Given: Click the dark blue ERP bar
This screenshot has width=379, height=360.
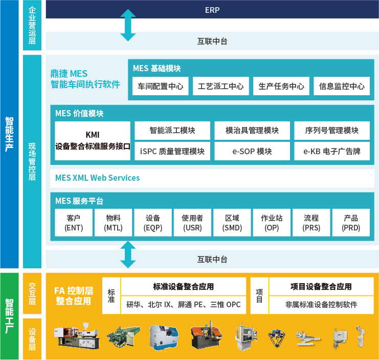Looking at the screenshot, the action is coord(212,9).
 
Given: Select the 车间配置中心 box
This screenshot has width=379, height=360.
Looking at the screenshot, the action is coord(160,86).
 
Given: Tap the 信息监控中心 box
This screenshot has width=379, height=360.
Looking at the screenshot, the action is coord(342,86).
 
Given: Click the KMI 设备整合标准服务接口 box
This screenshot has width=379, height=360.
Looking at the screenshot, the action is coord(93,141).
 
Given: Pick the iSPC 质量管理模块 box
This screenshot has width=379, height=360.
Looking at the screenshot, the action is coord(172,151).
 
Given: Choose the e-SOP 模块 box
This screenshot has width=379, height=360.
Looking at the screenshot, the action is coord(252,151).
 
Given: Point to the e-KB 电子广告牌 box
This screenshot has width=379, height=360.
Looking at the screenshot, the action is coord(332,151).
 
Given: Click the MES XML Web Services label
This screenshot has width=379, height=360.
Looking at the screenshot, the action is coord(97,178).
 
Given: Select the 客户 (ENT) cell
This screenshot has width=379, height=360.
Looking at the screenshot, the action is coord(74,223).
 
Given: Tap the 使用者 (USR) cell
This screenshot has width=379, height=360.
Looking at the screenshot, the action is coord(192,223).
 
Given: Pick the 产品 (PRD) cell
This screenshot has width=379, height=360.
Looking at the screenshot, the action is coord(351,223).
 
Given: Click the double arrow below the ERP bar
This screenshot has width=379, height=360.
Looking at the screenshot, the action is coord(128,25).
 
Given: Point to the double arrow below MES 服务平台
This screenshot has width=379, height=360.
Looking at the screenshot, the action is coord(128,255).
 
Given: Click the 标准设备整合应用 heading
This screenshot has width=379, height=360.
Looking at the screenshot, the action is coord(184,286).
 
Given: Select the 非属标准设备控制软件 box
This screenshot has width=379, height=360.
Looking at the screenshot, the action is coord(322,305).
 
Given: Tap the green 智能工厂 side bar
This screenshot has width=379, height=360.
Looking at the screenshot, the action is coord(9,316).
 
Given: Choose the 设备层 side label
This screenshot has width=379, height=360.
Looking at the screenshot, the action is coord(32,339).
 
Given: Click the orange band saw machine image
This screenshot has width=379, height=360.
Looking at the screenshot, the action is coord(206,335).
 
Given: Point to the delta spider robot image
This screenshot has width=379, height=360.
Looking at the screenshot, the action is coord(277,338).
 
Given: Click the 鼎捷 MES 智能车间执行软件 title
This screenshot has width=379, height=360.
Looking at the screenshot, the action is coord(85,79).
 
